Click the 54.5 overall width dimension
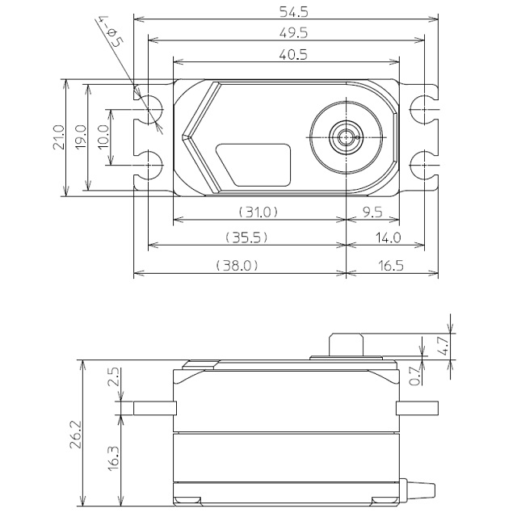(x=293, y=12)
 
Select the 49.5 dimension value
(x=293, y=33)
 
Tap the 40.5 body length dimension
(x=293, y=54)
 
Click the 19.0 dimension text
(x=81, y=137)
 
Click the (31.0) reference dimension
(x=258, y=212)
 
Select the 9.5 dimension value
(x=372, y=212)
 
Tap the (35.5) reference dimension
(x=246, y=237)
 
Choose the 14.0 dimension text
(x=389, y=237)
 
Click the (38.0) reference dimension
(x=237, y=265)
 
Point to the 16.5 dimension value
(x=390, y=266)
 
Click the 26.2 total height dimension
(x=75, y=435)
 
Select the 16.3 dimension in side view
(x=113, y=459)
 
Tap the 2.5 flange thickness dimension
(x=113, y=376)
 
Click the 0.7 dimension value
(x=414, y=376)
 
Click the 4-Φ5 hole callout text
(x=111, y=32)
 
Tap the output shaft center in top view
(x=346, y=137)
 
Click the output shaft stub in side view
(x=346, y=345)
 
